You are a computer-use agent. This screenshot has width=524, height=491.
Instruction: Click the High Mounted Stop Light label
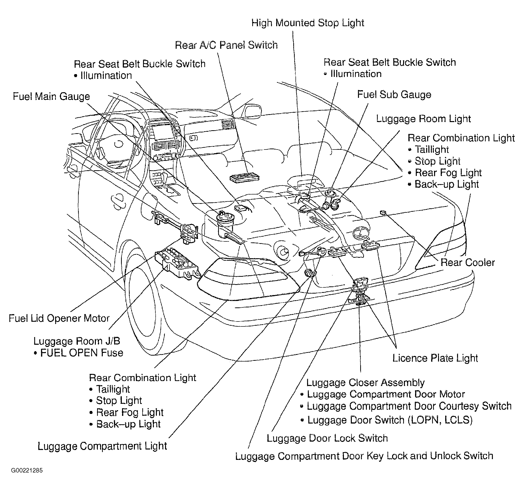tap(308, 23)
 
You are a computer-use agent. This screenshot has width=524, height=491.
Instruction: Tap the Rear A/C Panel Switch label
tap(226, 45)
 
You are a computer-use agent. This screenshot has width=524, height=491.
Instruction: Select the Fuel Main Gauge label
tap(51, 97)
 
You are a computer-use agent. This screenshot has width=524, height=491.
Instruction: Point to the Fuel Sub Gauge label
tap(394, 95)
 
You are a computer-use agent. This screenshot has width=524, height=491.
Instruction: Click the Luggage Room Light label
tap(423, 119)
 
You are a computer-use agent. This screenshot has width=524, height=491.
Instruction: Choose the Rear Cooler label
tap(468, 262)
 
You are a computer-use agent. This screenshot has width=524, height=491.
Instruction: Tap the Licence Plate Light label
tap(435, 358)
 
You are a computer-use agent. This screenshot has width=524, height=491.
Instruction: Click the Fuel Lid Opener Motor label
tap(59, 318)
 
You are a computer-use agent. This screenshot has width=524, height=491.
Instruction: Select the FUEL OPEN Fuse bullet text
tap(79, 353)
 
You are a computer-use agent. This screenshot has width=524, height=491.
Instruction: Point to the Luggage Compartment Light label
tap(102, 446)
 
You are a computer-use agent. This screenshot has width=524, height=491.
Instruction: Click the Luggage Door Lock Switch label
tap(327, 438)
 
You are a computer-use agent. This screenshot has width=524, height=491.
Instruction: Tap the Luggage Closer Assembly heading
tap(365, 383)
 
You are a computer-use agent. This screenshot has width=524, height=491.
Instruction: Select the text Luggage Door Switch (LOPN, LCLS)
tap(390, 420)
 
